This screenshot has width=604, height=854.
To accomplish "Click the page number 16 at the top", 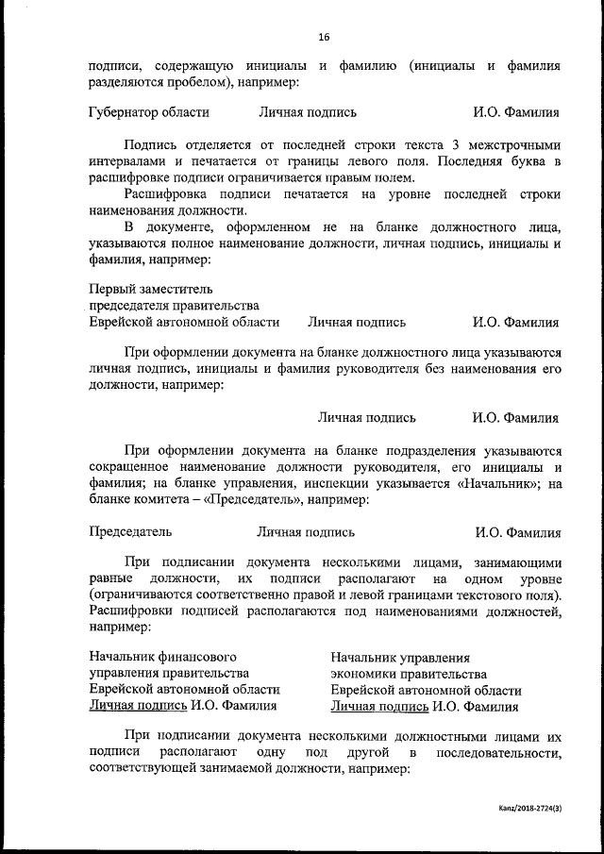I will point(324,38).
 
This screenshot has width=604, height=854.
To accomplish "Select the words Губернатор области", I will point(148,112).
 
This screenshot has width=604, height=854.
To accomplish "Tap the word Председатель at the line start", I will point(130,532).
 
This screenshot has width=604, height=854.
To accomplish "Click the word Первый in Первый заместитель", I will point(111,288).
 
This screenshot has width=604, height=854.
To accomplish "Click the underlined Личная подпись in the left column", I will point(138,704).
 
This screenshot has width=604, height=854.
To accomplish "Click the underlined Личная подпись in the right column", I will point(379,704).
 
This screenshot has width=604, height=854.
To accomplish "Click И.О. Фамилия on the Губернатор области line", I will point(516,112).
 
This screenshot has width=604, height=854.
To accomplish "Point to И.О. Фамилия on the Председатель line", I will point(517,532).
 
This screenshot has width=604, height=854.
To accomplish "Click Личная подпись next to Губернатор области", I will point(308,112).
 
